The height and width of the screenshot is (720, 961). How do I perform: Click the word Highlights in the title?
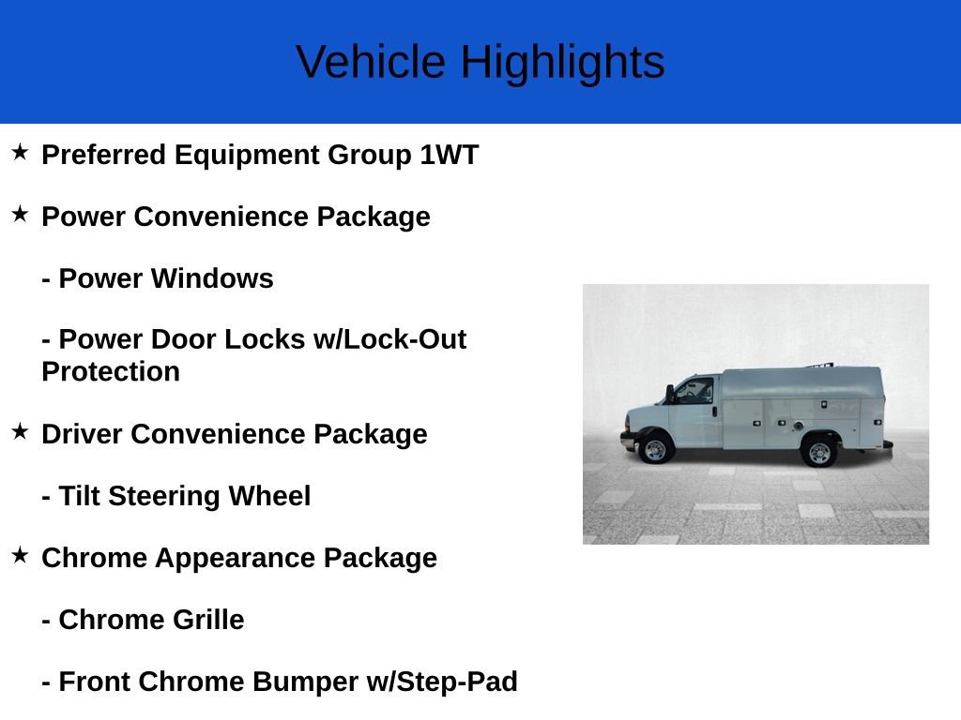coord(562,63)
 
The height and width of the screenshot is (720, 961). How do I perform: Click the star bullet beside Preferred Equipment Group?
coord(20,152)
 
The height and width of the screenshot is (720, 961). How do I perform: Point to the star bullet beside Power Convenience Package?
coord(20,214)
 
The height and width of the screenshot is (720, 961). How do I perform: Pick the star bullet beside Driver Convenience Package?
coord(20,431)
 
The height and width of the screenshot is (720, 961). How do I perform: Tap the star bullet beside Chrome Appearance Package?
coord(20,555)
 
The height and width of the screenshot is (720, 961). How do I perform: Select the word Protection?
coord(111,371)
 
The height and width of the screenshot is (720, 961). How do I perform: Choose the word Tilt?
coord(79,496)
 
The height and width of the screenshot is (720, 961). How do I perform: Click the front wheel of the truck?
coord(655,451)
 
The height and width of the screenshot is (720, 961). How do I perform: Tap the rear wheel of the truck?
coord(819,452)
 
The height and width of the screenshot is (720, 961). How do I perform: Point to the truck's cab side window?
coord(695,390)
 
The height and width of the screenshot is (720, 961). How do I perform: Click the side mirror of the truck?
coord(670,393)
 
